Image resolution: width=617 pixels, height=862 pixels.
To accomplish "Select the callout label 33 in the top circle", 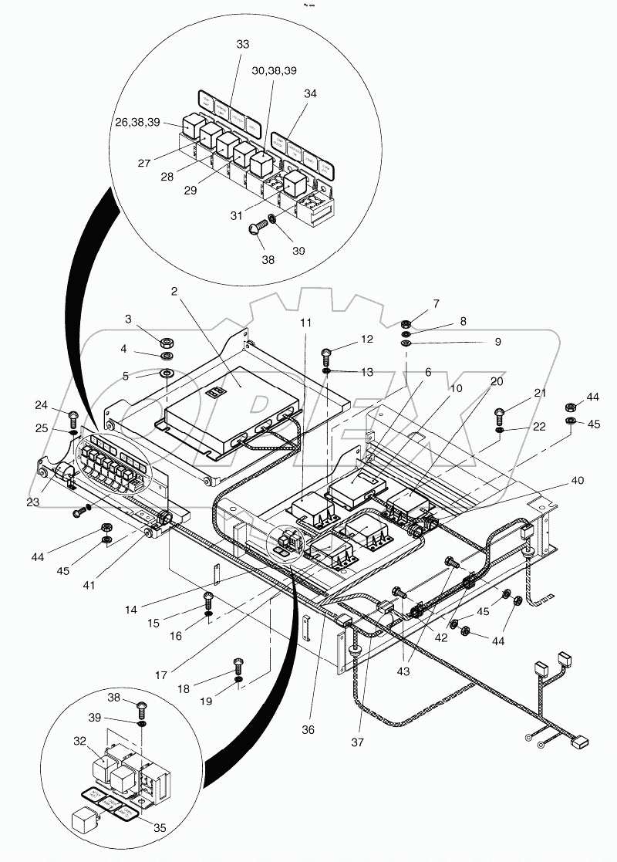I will point(243,45).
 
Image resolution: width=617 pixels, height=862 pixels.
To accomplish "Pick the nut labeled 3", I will point(166,342).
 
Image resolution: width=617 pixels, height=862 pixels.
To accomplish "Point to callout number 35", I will point(160,828).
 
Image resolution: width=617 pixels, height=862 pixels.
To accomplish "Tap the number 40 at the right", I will point(578,480).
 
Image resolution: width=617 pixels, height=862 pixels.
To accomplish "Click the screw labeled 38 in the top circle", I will point(258,227).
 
